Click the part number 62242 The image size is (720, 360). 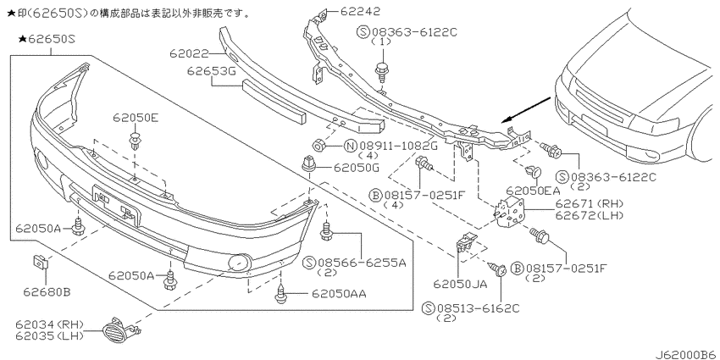pyautogui.click(x=360, y=10)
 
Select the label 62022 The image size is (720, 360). pyautogui.click(x=189, y=54)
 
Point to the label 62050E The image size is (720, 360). pyautogui.click(x=136, y=119)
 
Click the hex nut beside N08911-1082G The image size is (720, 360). pyautogui.click(x=318, y=145)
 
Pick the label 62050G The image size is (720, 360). pyautogui.click(x=357, y=168)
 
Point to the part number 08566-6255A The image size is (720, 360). pyautogui.click(x=361, y=263)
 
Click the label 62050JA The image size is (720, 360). pyautogui.click(x=460, y=285)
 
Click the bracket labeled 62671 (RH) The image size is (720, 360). pyautogui.click(x=509, y=210)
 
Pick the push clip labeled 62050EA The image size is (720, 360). pyautogui.click(x=534, y=173)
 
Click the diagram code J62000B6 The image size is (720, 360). pyautogui.click(x=686, y=354)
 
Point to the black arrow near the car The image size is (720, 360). pyautogui.click(x=526, y=110)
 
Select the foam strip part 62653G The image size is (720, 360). pyautogui.click(x=274, y=101)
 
